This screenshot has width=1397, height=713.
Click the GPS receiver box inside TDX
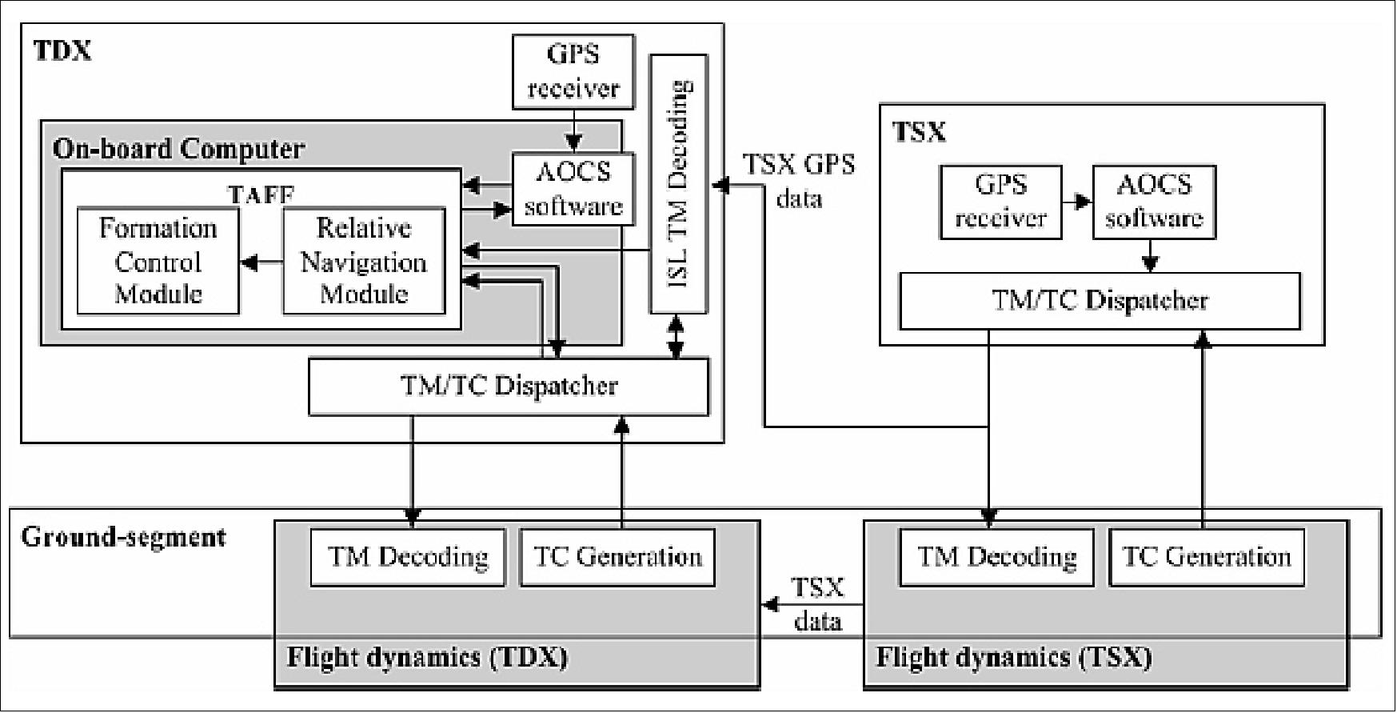pyautogui.click(x=573, y=72)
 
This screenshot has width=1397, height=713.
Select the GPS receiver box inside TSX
pyautogui.click(x=1000, y=202)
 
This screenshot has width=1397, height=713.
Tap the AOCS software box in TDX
pyautogui.click(x=573, y=189)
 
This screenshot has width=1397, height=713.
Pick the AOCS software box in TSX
pyautogui.click(x=1154, y=202)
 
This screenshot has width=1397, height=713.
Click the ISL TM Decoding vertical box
pyautogui.click(x=678, y=184)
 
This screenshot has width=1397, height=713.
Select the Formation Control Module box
pyautogui.click(x=158, y=262)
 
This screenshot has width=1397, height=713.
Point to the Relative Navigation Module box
pyautogui.click(x=364, y=262)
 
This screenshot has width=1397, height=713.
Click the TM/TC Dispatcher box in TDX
pyautogui.click(x=509, y=387)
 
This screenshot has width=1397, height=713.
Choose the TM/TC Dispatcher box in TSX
pyautogui.click(x=1100, y=301)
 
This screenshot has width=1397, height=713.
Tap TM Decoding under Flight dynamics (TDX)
pyautogui.click(x=408, y=557)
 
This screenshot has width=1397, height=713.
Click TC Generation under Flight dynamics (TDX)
pyautogui.click(x=617, y=557)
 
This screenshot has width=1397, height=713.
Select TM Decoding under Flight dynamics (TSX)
pyautogui.click(x=996, y=557)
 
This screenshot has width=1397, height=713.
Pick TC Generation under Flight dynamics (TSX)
pyautogui.click(x=1207, y=557)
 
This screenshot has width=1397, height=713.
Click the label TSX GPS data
pyautogui.click(x=799, y=181)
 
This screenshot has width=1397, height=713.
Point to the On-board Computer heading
pyautogui.click(x=178, y=149)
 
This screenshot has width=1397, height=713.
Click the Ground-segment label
pyautogui.click(x=123, y=536)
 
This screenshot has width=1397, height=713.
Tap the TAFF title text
pyautogui.click(x=261, y=194)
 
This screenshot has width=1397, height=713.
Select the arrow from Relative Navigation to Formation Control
pyautogui.click(x=261, y=262)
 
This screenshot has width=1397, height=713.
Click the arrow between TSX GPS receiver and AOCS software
pyautogui.click(x=1077, y=202)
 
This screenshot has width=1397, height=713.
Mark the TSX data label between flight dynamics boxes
pyautogui.click(x=817, y=604)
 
